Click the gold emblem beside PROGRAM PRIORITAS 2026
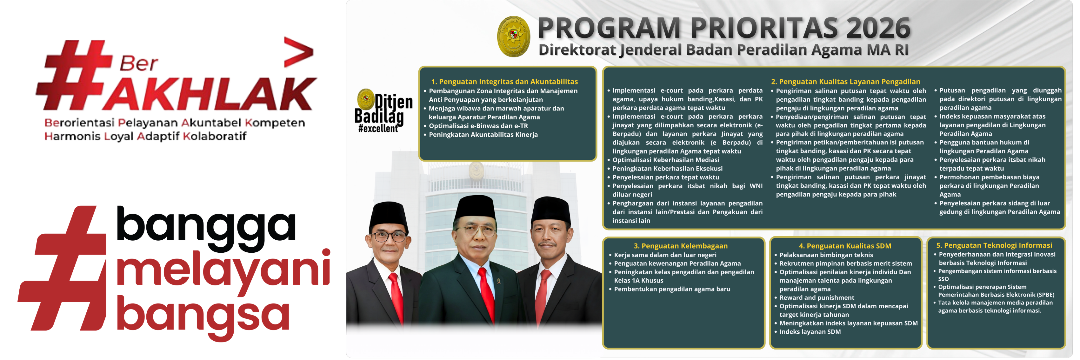point(513,37)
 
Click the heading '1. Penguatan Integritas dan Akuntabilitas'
point(504,82)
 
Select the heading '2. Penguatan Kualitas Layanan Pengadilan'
point(846,82)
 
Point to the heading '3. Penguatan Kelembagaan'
point(680,246)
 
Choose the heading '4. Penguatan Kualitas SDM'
point(845,246)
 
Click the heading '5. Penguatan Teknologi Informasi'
point(994,246)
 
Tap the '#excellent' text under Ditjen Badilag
point(378,129)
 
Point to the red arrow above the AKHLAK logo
point(298,52)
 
